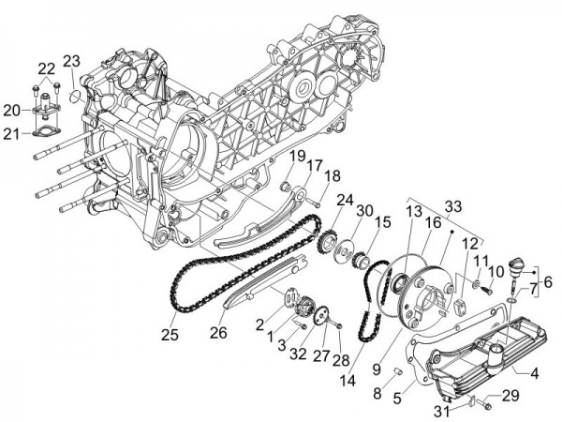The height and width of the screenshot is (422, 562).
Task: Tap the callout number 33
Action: point(453,205)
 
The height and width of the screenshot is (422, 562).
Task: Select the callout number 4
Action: point(535,373)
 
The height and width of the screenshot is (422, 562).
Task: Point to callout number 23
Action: point(72,61)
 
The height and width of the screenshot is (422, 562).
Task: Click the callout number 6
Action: point(548,280)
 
